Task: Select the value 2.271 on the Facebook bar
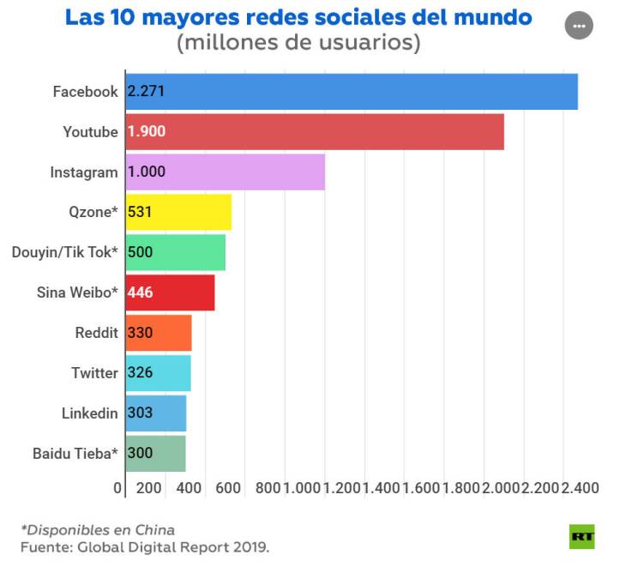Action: coord(146,92)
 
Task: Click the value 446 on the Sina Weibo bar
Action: coord(140,293)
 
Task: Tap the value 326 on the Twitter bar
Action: coord(140,373)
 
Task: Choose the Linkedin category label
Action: coord(89,413)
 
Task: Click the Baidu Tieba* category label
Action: coord(75,454)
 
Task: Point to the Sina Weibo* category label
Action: coord(77,293)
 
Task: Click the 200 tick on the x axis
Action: coord(149,488)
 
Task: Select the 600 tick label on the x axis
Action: coord(228,488)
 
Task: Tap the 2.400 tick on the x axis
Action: coord(581,488)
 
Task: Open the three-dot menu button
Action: coord(579,26)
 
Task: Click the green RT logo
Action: coord(582,537)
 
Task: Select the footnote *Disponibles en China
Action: coord(97,529)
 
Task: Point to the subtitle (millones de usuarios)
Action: coord(298,43)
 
